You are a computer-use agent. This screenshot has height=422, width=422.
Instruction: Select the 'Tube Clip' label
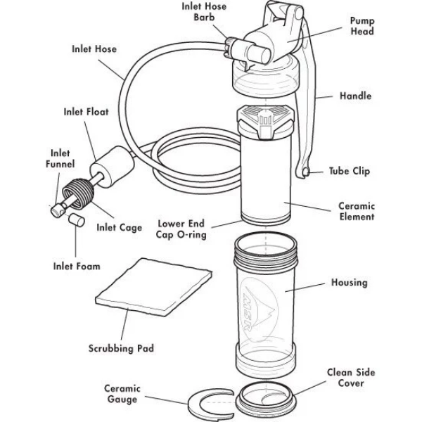tap(350, 172)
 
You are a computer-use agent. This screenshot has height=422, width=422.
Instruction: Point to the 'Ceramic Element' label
tap(357, 212)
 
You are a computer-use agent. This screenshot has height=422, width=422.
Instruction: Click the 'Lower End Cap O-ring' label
tap(182, 227)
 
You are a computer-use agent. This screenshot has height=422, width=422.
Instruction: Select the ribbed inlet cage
tap(79, 193)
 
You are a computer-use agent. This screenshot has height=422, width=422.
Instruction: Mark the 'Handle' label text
tap(355, 96)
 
